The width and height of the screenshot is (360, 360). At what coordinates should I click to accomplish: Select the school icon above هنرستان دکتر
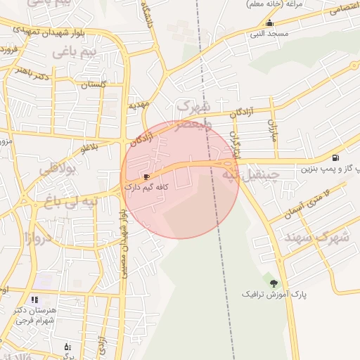pyautogui.click(x=34, y=300)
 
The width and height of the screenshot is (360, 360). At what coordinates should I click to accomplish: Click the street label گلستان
pyautogui.click(x=93, y=84)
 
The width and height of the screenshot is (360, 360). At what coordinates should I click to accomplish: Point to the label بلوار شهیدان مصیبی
pyautogui.click(x=124, y=239)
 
